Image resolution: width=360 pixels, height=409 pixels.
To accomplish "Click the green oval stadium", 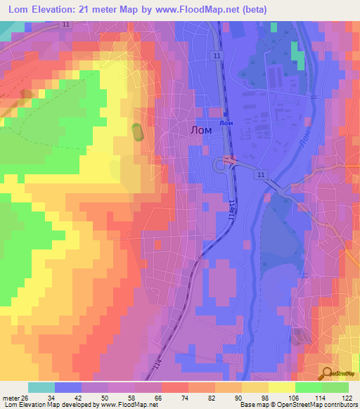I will click(x=136, y=131).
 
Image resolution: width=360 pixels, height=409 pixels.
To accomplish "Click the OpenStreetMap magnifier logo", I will click(x=326, y=373).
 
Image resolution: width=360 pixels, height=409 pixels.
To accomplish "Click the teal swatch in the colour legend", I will click(x=41, y=387).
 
